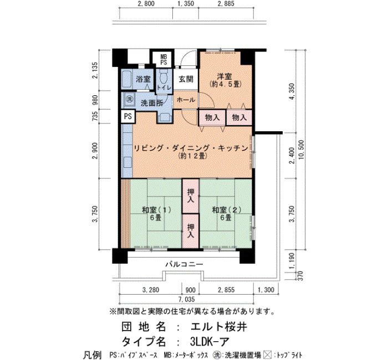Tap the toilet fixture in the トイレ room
tap(164, 76)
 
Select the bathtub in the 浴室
tap(127, 79)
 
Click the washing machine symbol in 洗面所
tap(129, 99)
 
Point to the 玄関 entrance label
tap(186, 79)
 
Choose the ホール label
tap(186, 100)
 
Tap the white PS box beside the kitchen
tap(128, 116)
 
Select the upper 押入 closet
tap(191, 196)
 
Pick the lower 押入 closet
tap(191, 231)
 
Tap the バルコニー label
tap(184, 264)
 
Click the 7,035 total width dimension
tap(186, 300)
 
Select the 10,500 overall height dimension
tap(301, 150)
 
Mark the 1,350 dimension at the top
tap(186, 4)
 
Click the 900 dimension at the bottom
tap(190, 290)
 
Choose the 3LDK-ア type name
tap(210, 342)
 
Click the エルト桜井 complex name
tap(219, 327)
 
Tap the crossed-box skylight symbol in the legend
tap(267, 356)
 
